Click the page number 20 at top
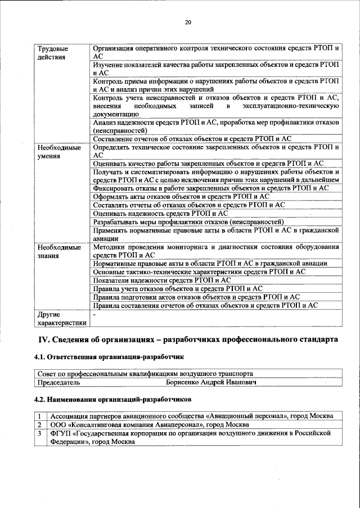click(188, 22)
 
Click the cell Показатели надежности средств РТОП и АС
click(162, 279)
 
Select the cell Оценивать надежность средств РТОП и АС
click(160, 213)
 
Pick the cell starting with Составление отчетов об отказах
click(192, 139)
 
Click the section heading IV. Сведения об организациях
click(188, 340)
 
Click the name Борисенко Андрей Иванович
click(211, 382)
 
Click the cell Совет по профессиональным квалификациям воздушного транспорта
click(145, 374)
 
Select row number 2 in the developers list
click(40, 425)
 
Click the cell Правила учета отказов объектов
click(178, 288)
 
